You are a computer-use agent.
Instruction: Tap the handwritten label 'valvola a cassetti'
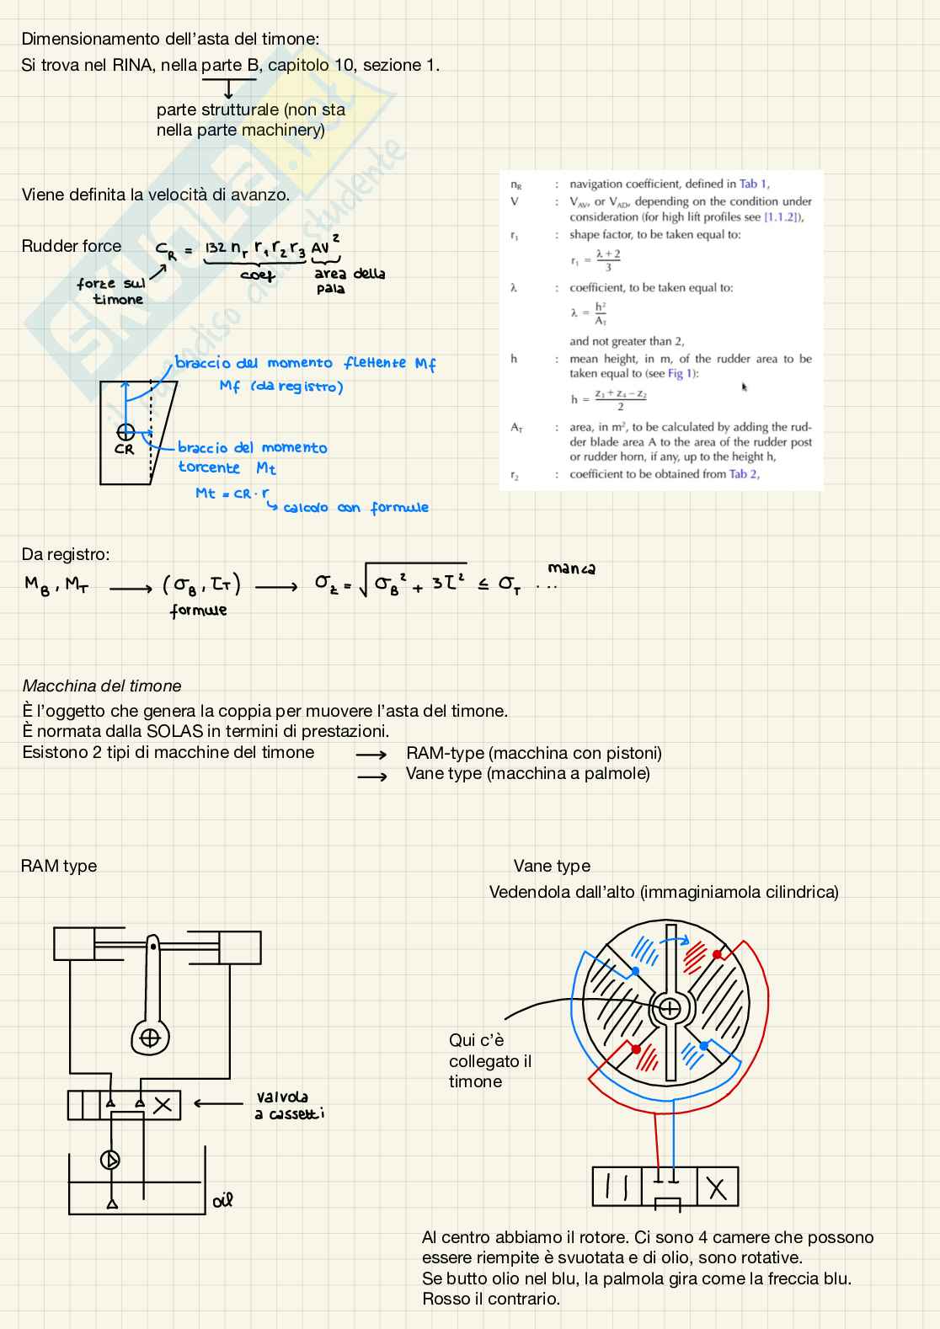(288, 1105)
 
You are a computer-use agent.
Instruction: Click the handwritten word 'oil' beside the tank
(222, 1200)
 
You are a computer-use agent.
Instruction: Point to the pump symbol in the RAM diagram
(110, 1160)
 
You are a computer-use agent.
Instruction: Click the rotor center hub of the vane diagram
(670, 1008)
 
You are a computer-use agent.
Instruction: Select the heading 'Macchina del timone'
(102, 686)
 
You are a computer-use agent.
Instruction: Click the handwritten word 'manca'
(571, 568)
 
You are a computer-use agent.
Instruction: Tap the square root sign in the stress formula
(364, 583)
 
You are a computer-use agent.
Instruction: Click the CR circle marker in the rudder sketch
(126, 432)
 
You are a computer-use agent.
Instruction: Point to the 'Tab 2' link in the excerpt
(743, 474)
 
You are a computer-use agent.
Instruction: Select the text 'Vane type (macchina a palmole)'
(528, 773)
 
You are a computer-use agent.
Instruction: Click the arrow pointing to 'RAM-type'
(371, 755)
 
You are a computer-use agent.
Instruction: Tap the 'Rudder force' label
(72, 246)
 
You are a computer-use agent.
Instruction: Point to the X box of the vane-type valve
(716, 1188)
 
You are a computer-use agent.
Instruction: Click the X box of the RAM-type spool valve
(163, 1105)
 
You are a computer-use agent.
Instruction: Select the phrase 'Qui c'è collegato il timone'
(489, 1061)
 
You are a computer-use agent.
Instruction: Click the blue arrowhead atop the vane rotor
(684, 940)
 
